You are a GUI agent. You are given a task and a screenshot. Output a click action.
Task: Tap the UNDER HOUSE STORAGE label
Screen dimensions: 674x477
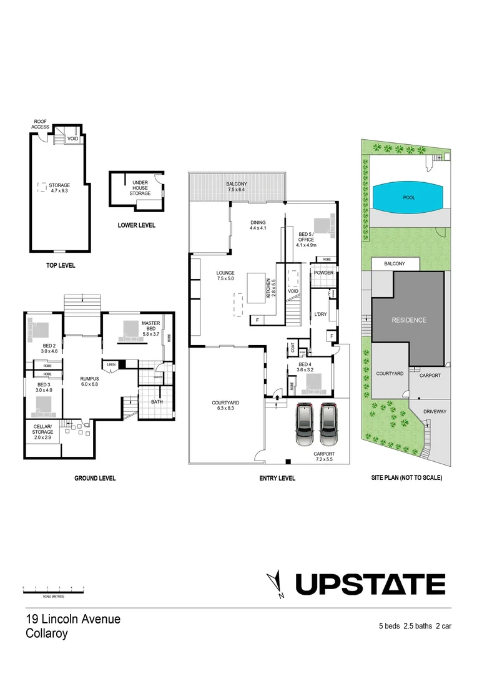point(140,188)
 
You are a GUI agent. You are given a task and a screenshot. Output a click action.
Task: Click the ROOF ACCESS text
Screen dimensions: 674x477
point(40,124)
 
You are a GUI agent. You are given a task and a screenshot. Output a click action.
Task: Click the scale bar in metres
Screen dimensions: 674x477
point(53,589)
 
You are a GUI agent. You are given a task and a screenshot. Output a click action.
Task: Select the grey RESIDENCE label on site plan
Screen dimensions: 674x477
point(409,320)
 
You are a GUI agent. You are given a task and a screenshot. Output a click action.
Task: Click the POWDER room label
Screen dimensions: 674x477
point(323,273)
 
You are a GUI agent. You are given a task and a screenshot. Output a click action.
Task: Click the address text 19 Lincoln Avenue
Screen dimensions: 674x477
point(73,619)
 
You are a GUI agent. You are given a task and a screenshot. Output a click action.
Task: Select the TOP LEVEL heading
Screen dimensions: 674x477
point(61,265)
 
